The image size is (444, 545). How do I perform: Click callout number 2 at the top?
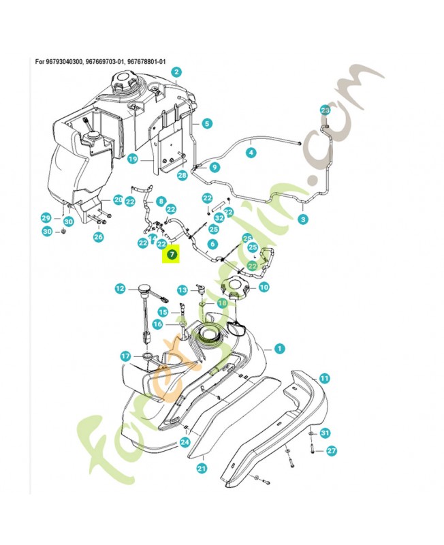coord(176,72)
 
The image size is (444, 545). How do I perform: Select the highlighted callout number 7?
coord(171,255)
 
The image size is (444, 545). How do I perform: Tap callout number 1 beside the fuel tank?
coord(279,348)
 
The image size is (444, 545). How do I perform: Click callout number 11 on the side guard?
coord(324,377)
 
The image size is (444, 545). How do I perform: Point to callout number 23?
coord(325,110)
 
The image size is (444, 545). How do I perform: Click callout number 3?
coord(302,219)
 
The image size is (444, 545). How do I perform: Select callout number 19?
coord(133,159)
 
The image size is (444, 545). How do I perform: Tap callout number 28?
coord(182,176)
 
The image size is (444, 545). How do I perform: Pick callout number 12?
coord(120,289)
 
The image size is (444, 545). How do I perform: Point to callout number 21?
coord(202,468)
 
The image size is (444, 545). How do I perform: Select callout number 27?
coord(332,450)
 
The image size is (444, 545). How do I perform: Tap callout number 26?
coord(98,237)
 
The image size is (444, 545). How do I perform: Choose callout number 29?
coord(46,218)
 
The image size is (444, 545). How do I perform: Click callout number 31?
coord(325,433)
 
